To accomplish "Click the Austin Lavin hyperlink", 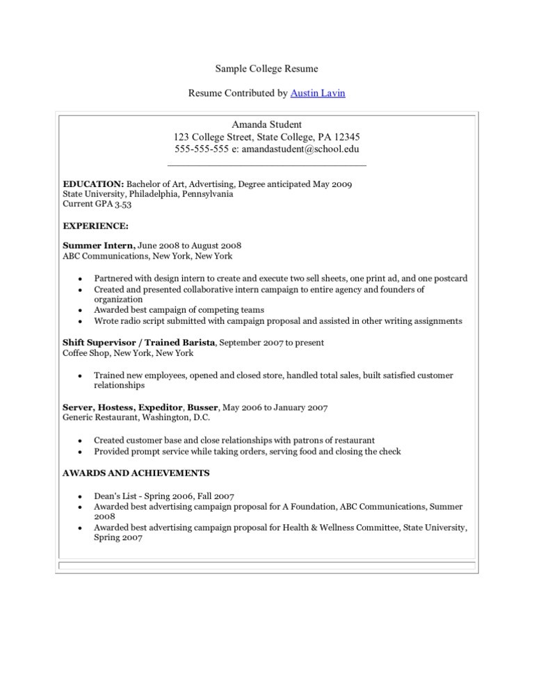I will pos(317,92).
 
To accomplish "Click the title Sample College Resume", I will pos(266,68).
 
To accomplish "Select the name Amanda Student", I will pos(267,124).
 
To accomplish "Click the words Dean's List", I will pos(115,496).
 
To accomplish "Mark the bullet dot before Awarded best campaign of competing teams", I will pos(81,310).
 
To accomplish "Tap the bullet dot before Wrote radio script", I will pos(81,321).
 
